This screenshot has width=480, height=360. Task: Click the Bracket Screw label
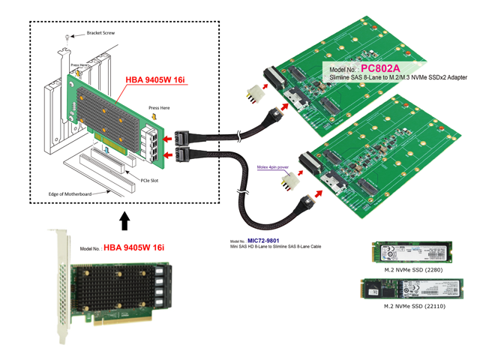(101, 34)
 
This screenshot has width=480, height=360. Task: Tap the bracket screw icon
(68, 37)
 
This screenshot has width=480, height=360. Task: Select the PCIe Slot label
(154, 178)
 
